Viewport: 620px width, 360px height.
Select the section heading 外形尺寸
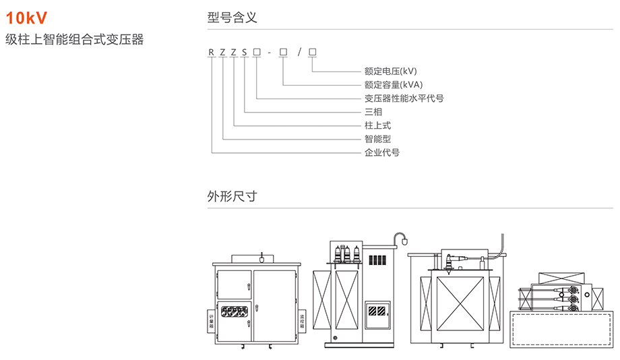pyautogui.click(x=232, y=197)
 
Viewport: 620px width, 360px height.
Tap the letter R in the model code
pyautogui.click(x=212, y=53)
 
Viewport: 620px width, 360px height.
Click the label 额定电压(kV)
pyautogui.click(x=390, y=71)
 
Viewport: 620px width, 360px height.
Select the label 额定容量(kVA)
pyautogui.click(x=393, y=84)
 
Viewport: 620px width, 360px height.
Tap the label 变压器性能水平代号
pyautogui.click(x=404, y=98)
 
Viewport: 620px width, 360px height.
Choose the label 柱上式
pyautogui.click(x=377, y=125)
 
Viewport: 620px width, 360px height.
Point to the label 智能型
pyautogui.click(x=377, y=139)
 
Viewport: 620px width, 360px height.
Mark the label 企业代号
pyautogui.click(x=381, y=152)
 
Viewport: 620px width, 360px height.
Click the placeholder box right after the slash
pyautogui.click(x=312, y=53)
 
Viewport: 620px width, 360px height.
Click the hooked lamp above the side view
pyautogui.click(x=402, y=237)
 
